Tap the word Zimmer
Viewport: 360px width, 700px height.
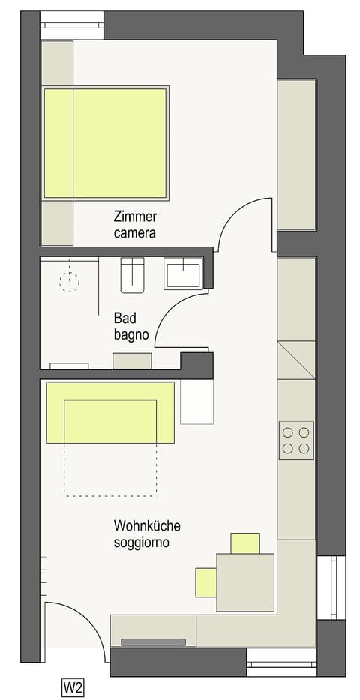tap(134, 217)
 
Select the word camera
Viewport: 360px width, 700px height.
tap(135, 233)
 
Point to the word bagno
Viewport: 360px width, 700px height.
tap(130, 334)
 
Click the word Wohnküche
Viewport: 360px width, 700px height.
tap(147, 525)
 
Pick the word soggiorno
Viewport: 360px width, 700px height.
tap(141, 542)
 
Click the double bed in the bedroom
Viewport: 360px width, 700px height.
tap(105, 143)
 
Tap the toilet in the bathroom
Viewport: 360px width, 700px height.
tap(132, 275)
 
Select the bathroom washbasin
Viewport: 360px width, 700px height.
tap(182, 273)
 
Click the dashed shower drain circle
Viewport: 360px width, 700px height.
tap(70, 283)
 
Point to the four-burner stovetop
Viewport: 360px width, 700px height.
tap(296, 441)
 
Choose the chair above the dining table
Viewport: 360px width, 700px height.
tap(245, 543)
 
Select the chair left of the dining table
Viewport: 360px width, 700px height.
tap(205, 582)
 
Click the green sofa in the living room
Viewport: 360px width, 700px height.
tap(110, 412)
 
